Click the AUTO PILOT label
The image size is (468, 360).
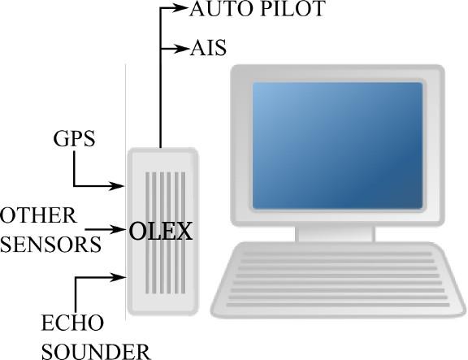pyautogui.click(x=258, y=9)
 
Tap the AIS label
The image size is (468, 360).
pyautogui.click(x=208, y=48)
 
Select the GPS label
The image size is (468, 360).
pyautogui.click(x=74, y=138)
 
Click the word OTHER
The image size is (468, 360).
pyautogui.click(x=38, y=215)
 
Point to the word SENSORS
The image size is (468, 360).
pyautogui.click(x=50, y=245)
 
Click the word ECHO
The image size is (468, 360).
pyautogui.click(x=72, y=323)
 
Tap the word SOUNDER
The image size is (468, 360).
pyautogui.click(x=96, y=352)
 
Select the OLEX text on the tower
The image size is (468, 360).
pyautogui.click(x=161, y=232)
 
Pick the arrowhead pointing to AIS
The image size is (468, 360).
pyautogui.click(x=181, y=48)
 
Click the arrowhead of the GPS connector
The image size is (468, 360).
pyautogui.click(x=116, y=186)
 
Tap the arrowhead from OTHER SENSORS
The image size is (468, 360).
pyautogui.click(x=117, y=229)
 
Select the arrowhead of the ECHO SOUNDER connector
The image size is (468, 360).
pyautogui.click(x=118, y=277)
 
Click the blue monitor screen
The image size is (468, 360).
pyautogui.click(x=337, y=145)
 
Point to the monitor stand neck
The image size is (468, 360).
pyautogui.click(x=336, y=234)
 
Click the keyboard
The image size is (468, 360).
pyautogui.click(x=338, y=280)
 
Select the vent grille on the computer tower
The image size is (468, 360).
pyautogui.click(x=166, y=233)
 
